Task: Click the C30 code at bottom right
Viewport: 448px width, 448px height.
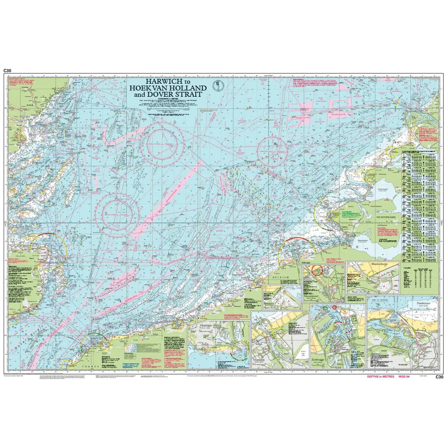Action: click(x=439, y=377)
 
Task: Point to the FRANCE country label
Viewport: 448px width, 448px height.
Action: click(x=90, y=366)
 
